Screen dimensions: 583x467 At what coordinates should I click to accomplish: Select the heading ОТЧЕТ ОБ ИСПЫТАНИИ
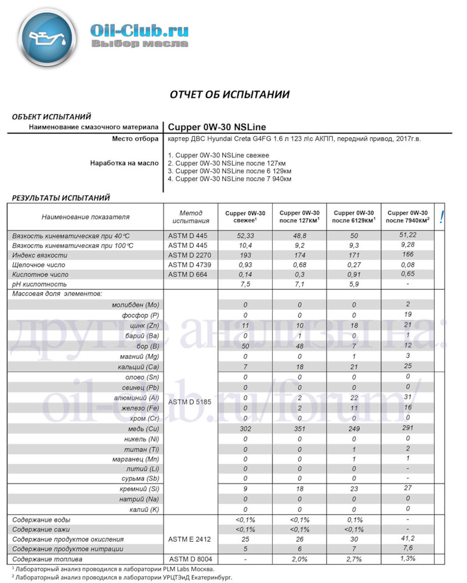pos(229,94)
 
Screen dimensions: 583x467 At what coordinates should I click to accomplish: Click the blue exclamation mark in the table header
pos(441,216)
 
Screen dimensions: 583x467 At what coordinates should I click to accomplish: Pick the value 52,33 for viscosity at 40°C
pos(245,235)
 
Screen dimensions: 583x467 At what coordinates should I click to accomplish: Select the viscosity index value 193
pos(245,255)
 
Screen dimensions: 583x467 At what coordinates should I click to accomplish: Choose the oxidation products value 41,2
pos(407,538)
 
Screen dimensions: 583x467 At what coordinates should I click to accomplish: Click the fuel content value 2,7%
pos(354,559)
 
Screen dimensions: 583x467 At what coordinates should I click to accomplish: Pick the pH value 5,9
pos(354,284)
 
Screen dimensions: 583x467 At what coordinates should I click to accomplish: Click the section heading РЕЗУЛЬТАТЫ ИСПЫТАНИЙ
pos(61,197)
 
